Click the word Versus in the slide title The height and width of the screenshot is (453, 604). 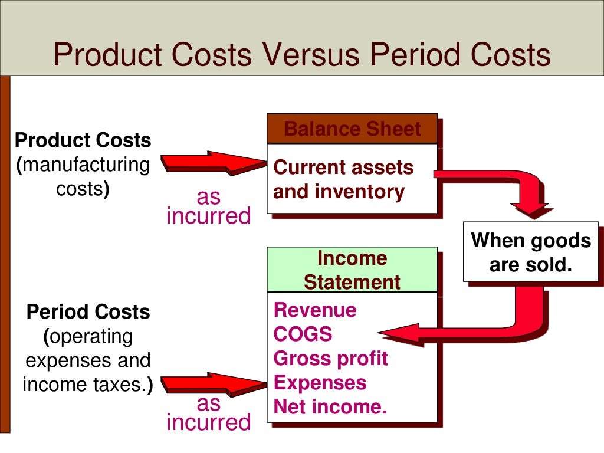click(310, 55)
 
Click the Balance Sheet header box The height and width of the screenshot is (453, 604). click(352, 129)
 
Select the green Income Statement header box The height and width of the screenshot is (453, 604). click(352, 270)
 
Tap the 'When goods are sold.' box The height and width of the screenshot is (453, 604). click(531, 252)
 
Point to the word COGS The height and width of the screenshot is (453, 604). click(303, 334)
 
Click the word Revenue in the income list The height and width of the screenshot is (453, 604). click(315, 310)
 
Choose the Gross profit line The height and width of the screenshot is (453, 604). click(330, 359)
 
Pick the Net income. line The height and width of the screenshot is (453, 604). click(330, 407)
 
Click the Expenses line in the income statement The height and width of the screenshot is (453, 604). click(320, 383)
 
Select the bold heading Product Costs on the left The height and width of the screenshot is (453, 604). click(83, 140)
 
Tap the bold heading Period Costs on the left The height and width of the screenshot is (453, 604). click(88, 311)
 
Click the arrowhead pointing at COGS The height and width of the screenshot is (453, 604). click(401, 334)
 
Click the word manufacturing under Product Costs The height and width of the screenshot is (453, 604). click(86, 165)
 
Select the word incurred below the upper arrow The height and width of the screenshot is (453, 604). click(209, 216)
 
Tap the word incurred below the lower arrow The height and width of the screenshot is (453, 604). click(209, 422)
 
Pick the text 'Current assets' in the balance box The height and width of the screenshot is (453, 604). click(343, 168)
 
